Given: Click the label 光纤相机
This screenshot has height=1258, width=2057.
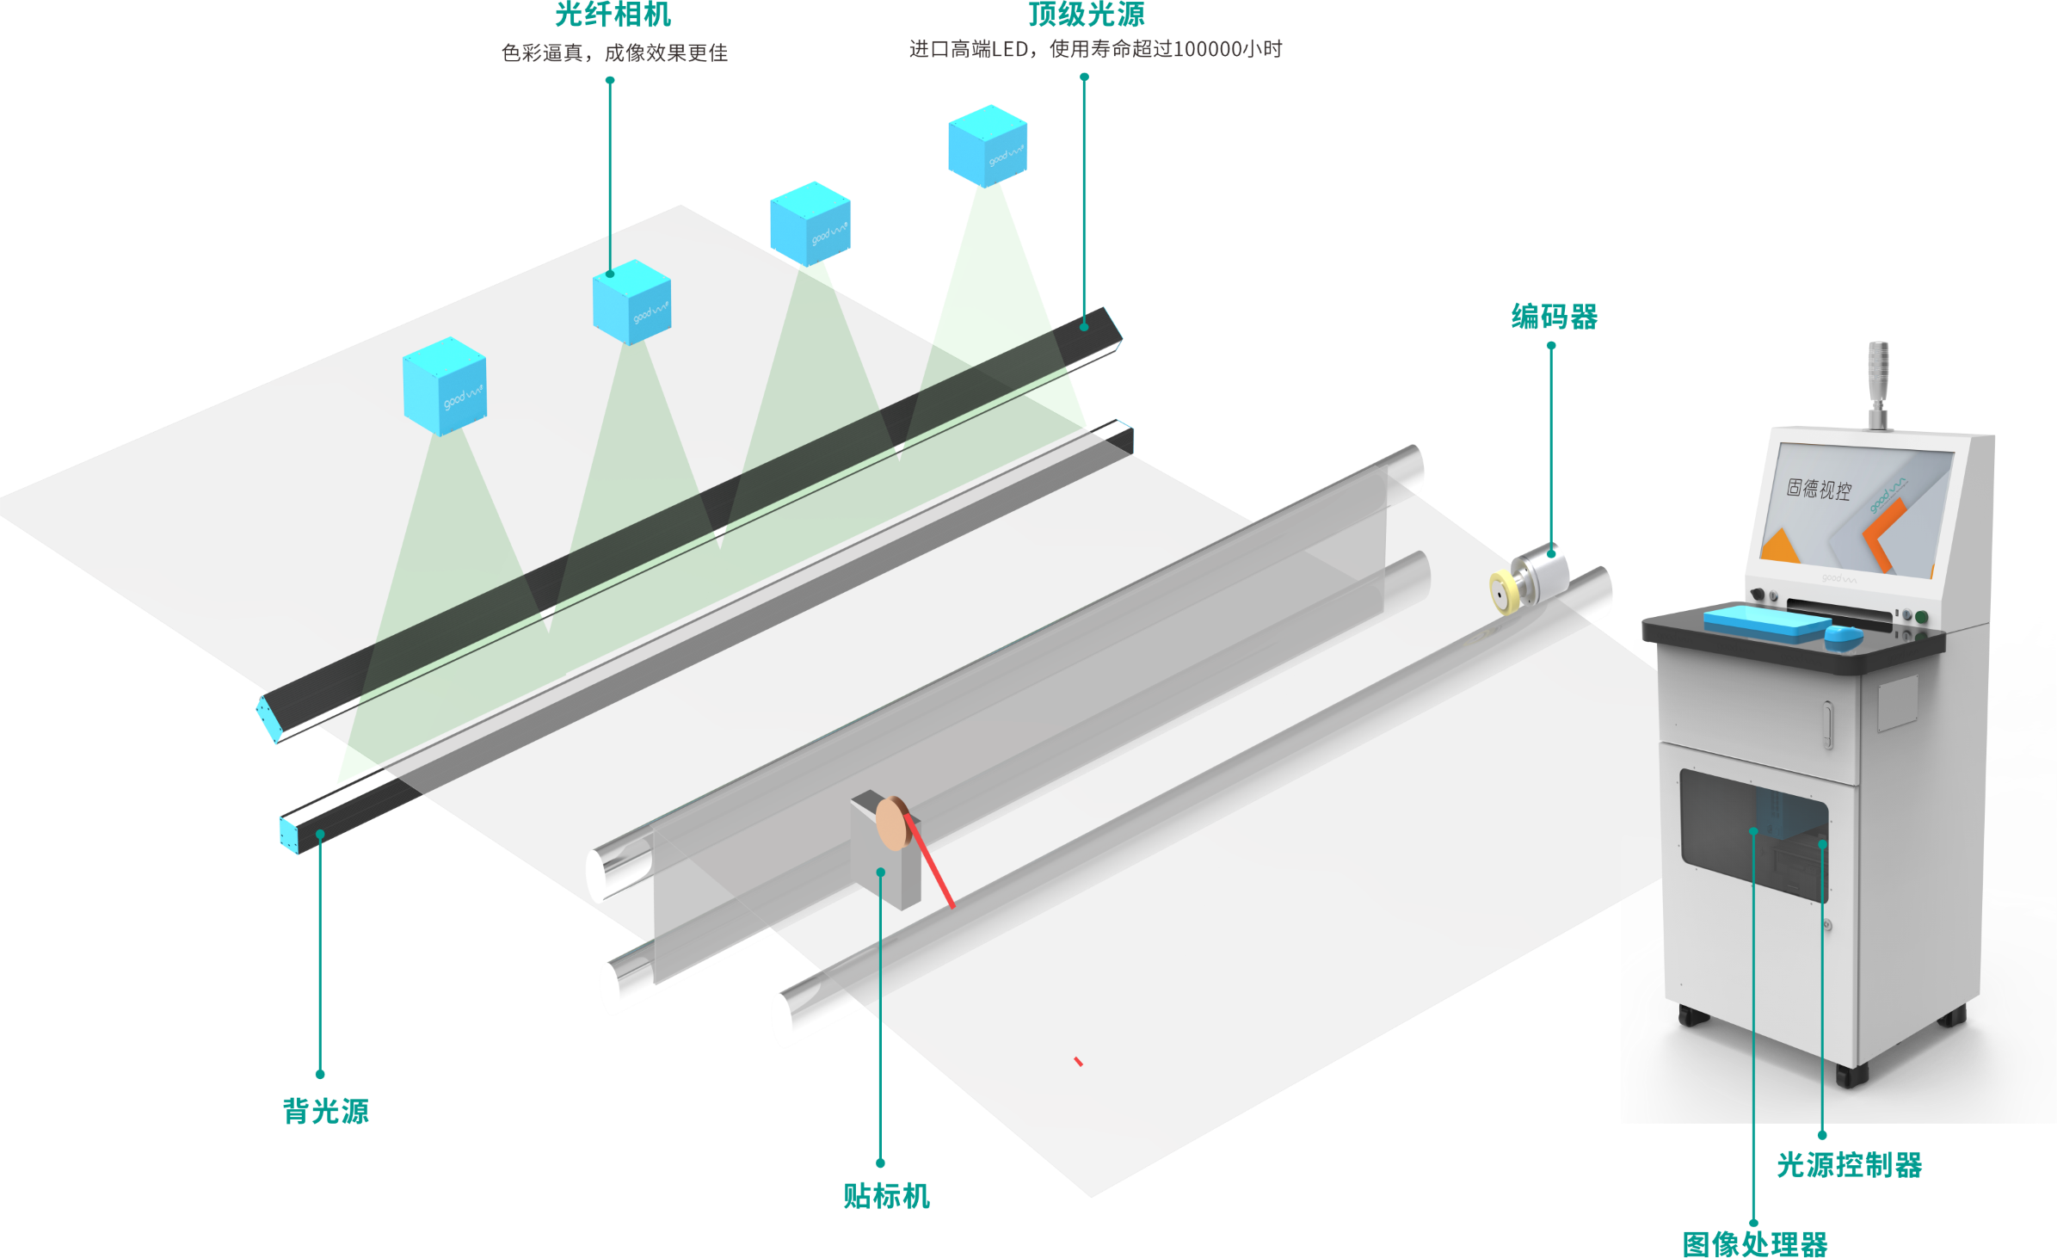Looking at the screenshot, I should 612,15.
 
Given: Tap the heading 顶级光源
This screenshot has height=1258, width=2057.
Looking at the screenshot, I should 1087,15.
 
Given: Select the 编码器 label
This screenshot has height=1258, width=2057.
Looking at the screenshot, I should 1555,317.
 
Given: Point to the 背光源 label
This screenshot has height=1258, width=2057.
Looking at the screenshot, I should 326,1111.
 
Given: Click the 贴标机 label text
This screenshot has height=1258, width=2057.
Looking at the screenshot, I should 886,1196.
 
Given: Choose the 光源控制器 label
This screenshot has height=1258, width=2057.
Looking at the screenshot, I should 1850,1164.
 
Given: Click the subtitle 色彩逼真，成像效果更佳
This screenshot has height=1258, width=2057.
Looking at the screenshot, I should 614,53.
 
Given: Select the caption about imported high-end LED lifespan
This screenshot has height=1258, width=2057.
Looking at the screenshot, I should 1095,50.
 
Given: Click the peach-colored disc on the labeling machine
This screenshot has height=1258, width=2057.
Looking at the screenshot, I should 892,823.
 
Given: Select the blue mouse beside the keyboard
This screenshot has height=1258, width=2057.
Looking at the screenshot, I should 1843,637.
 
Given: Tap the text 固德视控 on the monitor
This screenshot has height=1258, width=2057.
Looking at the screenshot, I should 1819,489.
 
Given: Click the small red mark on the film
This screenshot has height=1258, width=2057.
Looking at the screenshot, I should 1078,1062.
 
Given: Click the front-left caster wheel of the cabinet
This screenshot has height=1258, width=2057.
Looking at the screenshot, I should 1693,1015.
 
